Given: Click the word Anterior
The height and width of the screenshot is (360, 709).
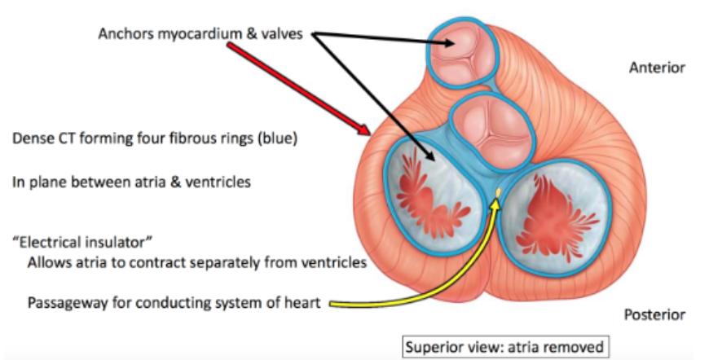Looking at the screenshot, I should (x=657, y=68).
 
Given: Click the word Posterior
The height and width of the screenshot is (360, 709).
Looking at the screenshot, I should (x=654, y=314).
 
